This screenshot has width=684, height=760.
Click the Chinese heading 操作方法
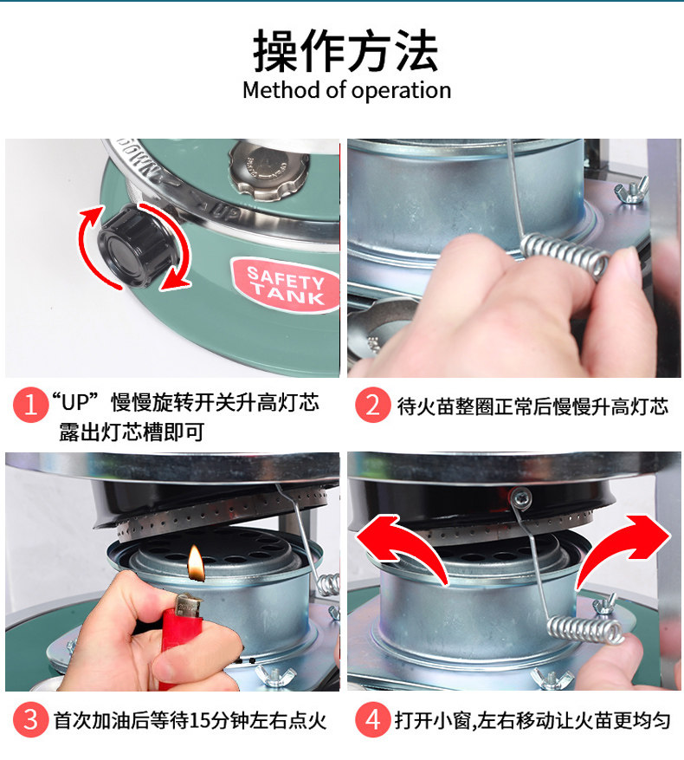pos(345,50)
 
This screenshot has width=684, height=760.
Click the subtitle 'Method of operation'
pos(347,90)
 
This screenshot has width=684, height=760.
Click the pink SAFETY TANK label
pos(286,285)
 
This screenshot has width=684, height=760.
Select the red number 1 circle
pos(30,404)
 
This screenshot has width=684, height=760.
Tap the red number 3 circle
pos(30,720)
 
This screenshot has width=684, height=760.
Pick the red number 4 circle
pos(372,720)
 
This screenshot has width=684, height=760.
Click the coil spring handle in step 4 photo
pos(585,630)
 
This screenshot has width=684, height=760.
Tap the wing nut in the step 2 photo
pos(632,190)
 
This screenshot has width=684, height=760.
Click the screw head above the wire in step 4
pos(520,497)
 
